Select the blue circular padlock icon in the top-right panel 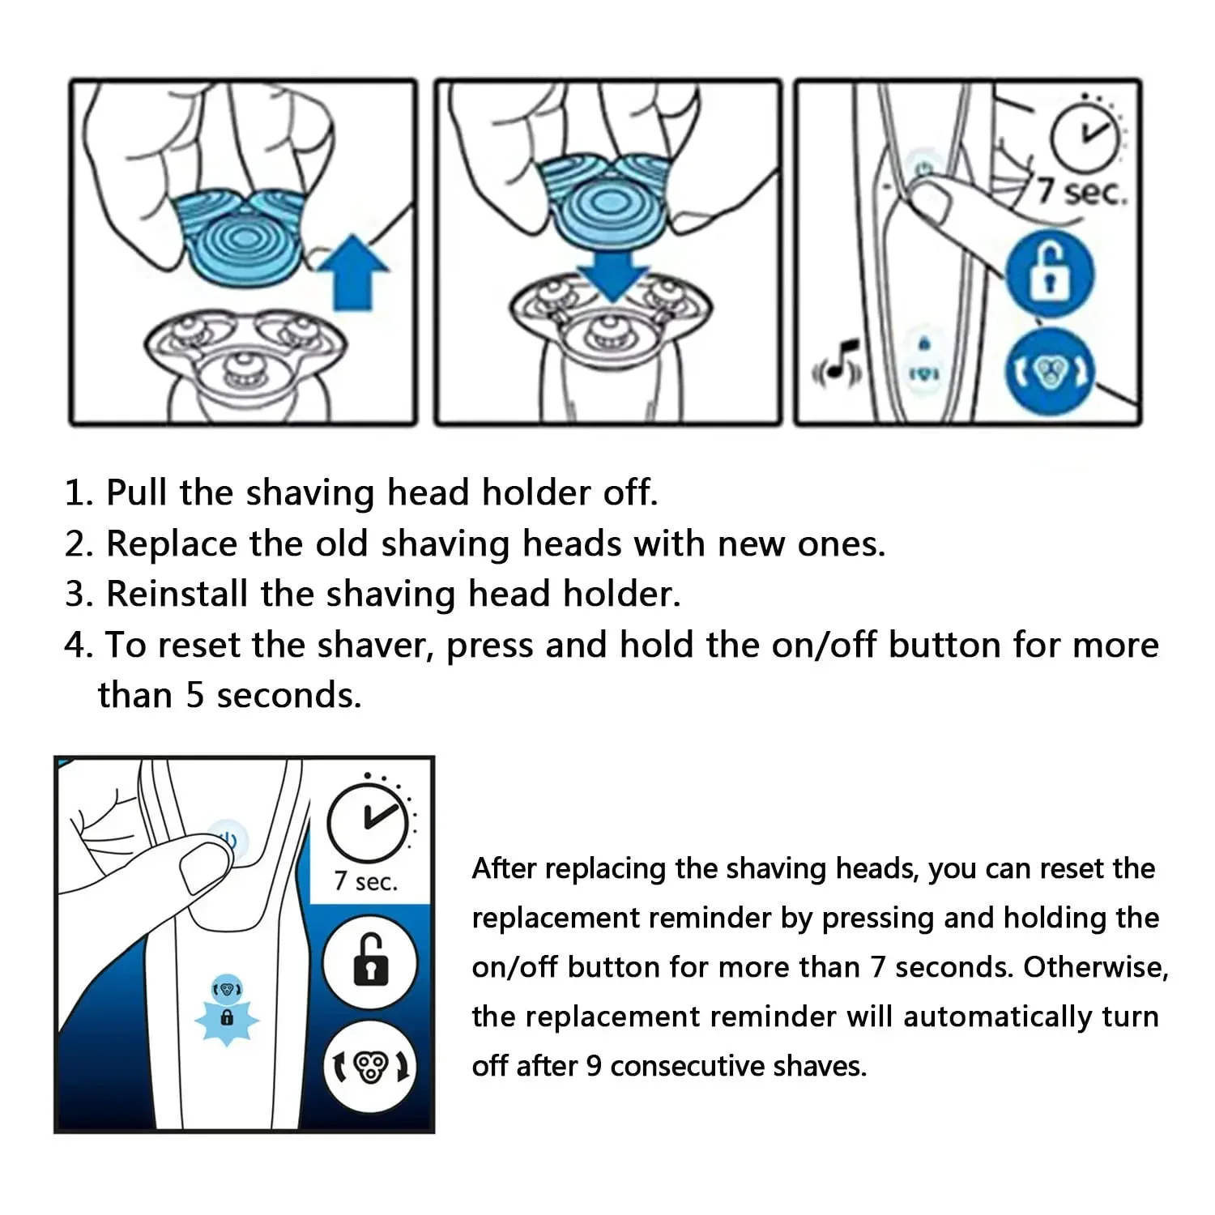[1050, 273]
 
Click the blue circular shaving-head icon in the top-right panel [1050, 373]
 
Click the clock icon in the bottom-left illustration [369, 822]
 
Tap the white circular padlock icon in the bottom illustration [369, 962]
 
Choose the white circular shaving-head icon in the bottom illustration [371, 1066]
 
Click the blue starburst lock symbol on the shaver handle [227, 1017]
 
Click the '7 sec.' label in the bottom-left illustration [366, 881]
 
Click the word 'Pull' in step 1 [137, 492]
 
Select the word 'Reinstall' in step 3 [177, 594]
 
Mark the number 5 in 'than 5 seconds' [194, 696]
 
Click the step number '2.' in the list [79, 544]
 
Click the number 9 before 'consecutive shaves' [594, 1066]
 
